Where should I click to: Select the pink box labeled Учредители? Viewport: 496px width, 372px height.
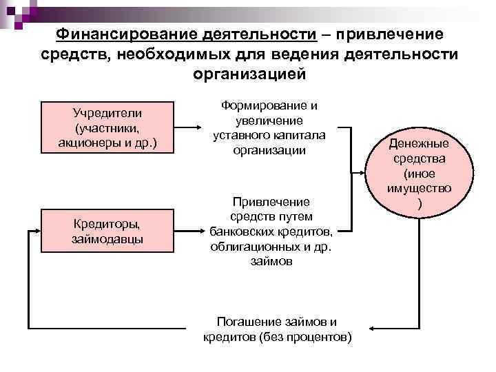point(106,128)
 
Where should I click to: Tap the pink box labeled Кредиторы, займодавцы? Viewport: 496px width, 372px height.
point(106,230)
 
